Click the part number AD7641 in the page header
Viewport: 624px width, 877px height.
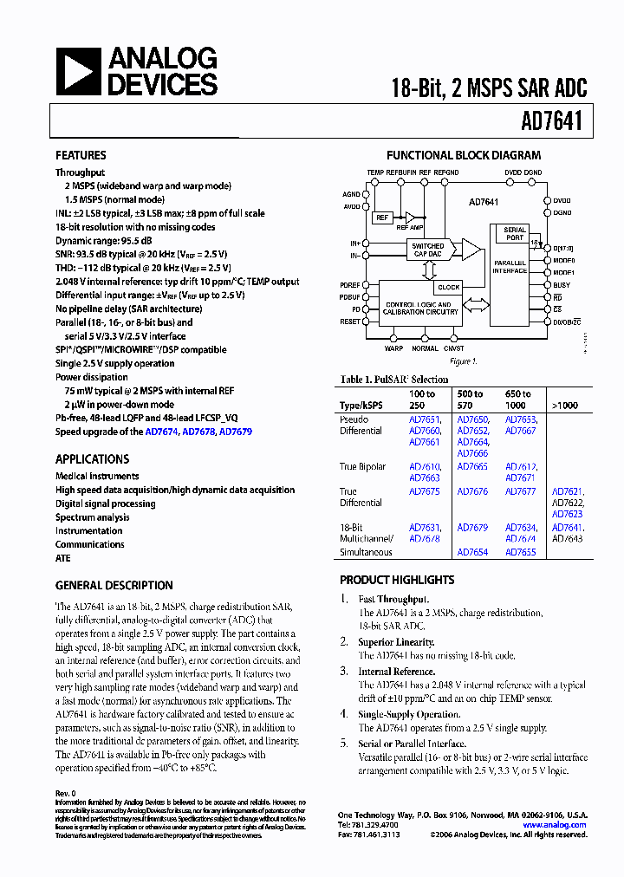553,123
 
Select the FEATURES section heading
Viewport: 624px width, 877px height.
81,156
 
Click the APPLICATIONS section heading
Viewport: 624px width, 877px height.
92,459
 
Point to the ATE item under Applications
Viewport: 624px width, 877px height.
63,559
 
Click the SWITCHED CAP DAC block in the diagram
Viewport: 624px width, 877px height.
427,250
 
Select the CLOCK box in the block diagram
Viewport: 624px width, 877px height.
449,287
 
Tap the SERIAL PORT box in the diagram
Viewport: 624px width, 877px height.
515,234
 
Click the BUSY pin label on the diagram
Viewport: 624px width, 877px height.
562,285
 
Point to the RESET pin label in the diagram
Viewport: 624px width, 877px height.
350,322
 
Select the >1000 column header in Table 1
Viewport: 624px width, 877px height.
563,404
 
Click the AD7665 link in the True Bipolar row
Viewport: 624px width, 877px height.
472,467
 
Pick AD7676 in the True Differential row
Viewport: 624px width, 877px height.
472,491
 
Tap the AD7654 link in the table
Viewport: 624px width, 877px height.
472,552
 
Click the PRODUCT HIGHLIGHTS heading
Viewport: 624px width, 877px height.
397,580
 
